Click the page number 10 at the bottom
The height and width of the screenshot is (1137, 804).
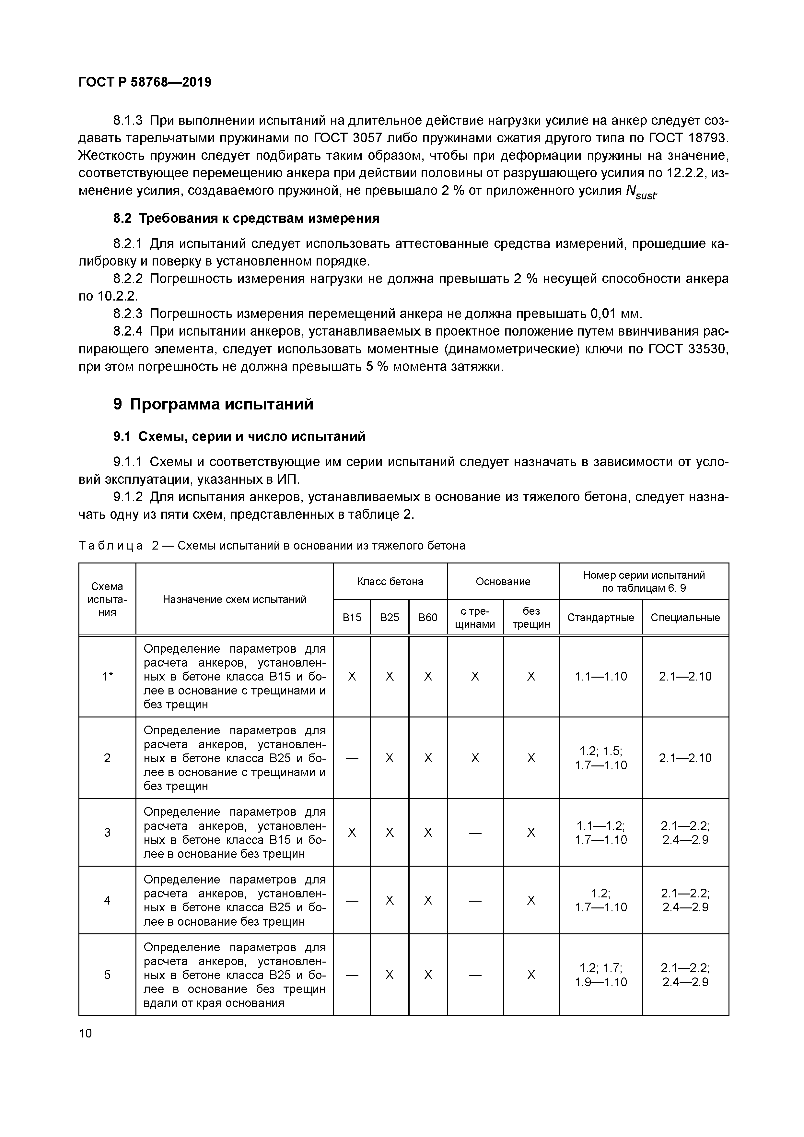point(85,1033)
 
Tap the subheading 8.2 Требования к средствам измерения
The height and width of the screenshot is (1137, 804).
point(247,219)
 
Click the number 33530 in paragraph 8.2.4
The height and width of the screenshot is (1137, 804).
point(708,349)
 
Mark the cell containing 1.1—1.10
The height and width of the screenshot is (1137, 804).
point(600,676)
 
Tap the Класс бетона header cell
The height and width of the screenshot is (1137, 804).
point(390,581)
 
